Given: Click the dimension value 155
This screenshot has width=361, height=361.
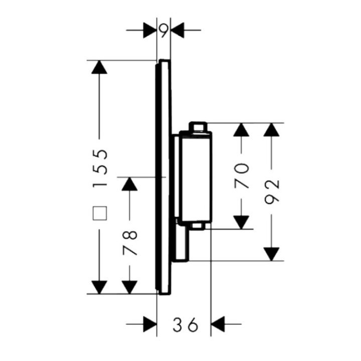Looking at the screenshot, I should pyautogui.click(x=100, y=167).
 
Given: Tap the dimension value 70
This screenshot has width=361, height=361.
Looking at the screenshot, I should pyautogui.click(x=242, y=175).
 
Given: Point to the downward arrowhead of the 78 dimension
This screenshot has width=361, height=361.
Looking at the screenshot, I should pyautogui.click(x=130, y=287).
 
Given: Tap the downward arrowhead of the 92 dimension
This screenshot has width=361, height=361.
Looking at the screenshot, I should pyautogui.click(x=271, y=254).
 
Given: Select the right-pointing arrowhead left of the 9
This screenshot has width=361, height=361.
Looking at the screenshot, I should pyautogui.click(x=150, y=30).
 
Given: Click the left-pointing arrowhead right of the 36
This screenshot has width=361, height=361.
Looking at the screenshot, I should pyautogui.click(x=219, y=325).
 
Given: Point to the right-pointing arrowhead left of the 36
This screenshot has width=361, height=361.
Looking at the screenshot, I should pyautogui.click(x=150, y=325).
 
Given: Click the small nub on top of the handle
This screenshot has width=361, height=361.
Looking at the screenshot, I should pyautogui.click(x=197, y=126).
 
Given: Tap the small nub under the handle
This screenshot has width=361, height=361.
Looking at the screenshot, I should pyautogui.click(x=197, y=227).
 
